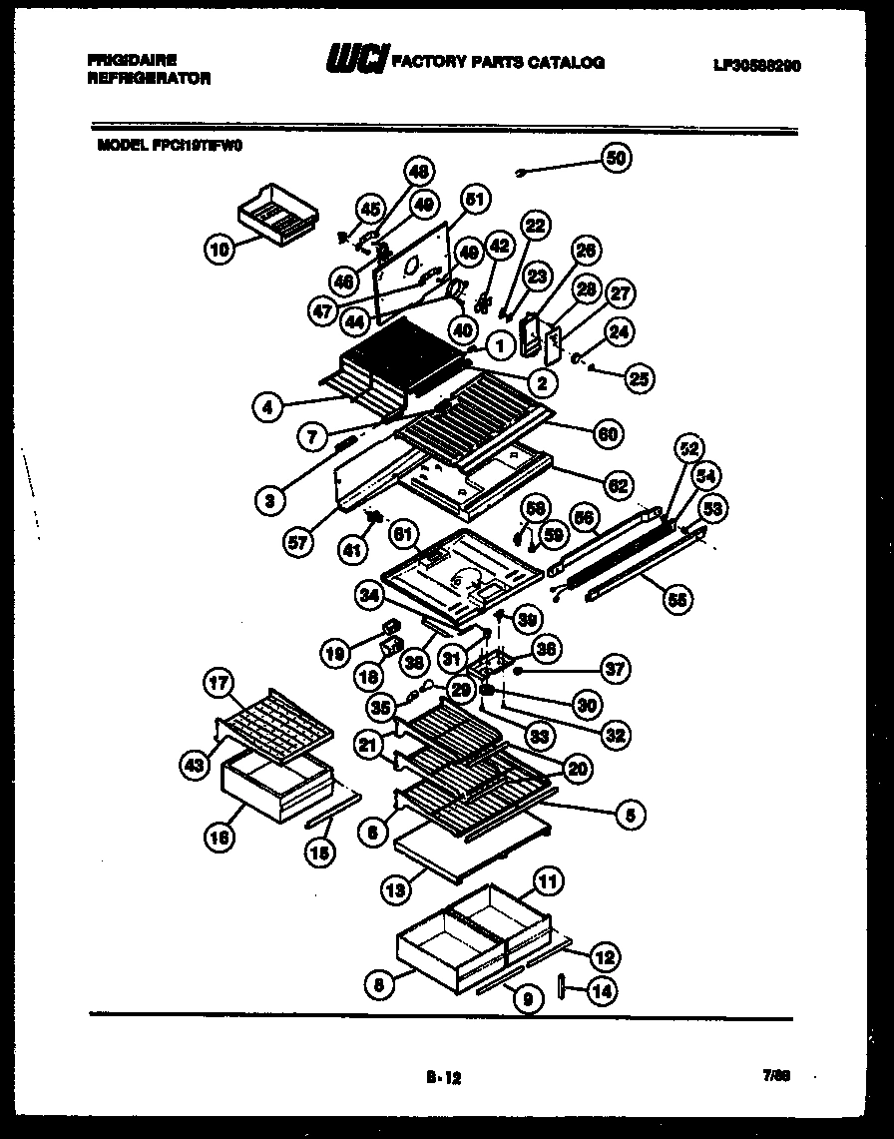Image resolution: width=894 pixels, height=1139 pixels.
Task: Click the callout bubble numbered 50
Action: (x=617, y=158)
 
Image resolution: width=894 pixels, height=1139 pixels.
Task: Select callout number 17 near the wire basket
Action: (x=218, y=684)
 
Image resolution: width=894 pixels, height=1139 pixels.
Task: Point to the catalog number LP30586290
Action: (x=758, y=66)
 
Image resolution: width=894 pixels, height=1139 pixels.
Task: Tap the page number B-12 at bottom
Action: (x=443, y=1077)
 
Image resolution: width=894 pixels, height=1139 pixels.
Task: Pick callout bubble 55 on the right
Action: (x=677, y=599)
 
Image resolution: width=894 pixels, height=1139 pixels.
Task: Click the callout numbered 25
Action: (x=640, y=377)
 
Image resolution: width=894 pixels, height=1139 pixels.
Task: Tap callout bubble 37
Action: (x=616, y=670)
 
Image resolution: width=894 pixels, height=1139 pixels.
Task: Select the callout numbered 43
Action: (x=195, y=766)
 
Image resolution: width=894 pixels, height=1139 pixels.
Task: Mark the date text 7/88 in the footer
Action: (x=774, y=1076)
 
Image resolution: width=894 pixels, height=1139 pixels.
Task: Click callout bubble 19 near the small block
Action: (x=335, y=655)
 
